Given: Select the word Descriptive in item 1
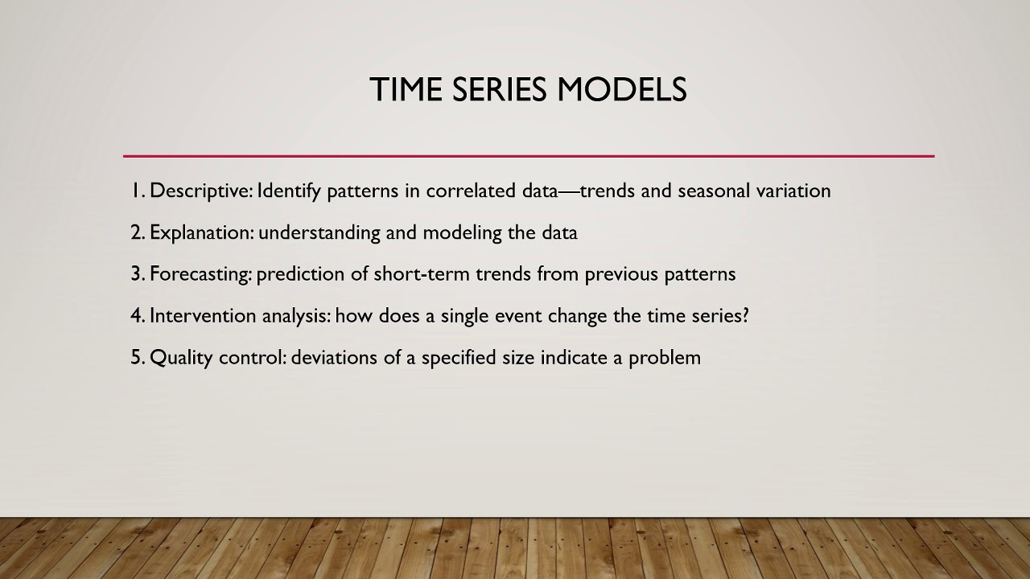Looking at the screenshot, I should (x=200, y=191).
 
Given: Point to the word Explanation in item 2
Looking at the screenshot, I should (x=201, y=232).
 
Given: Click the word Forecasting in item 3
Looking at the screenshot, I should (x=200, y=274).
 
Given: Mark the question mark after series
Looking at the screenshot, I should (x=744, y=315).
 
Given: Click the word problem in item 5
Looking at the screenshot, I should (x=665, y=358).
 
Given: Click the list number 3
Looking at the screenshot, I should (x=137, y=274).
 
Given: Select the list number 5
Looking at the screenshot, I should (x=137, y=358).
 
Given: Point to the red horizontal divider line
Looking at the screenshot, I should (x=529, y=156).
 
